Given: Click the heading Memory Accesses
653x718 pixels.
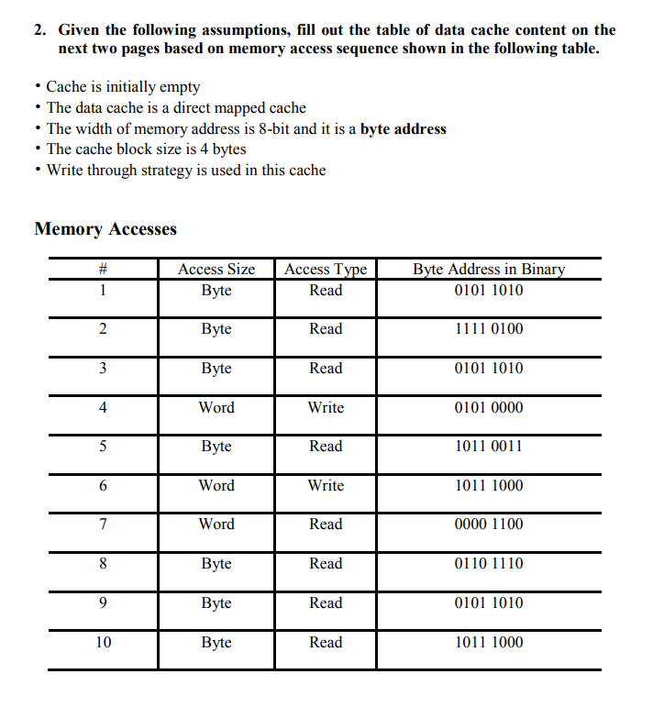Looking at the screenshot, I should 105,229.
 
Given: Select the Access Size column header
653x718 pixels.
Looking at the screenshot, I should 216,269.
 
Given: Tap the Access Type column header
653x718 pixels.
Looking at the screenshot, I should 326,269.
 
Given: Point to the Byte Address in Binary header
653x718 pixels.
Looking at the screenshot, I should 489,269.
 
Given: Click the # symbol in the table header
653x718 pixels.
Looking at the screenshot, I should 104,269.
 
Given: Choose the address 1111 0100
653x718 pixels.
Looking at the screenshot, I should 489,329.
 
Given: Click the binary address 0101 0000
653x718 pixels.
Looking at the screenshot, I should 489,407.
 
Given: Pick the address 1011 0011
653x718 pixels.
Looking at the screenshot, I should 489,447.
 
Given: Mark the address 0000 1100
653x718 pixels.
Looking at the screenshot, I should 489,525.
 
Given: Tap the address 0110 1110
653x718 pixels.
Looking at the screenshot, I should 489,564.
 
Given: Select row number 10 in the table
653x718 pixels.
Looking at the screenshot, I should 104,643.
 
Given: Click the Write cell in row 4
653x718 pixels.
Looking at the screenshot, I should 326,407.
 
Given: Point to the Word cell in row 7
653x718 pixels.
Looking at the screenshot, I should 216,525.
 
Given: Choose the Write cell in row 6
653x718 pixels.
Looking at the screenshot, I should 326,486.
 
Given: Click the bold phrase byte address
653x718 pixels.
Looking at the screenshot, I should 403,129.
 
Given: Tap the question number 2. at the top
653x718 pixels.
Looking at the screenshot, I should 41,30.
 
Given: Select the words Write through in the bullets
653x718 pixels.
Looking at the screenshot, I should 91,171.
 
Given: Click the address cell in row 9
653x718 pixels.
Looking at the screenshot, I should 489,603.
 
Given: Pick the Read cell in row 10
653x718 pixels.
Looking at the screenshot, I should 326,643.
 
